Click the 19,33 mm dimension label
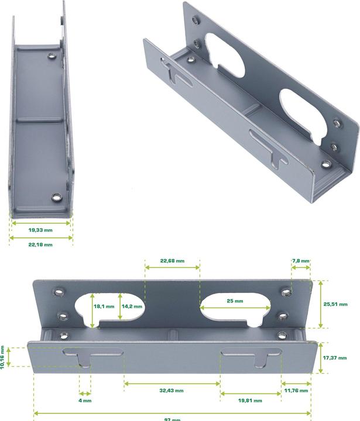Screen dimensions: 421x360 pyautogui.click(x=40, y=230)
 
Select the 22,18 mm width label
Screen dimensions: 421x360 pyautogui.click(x=40, y=244)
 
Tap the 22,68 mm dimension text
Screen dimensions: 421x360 pyautogui.click(x=172, y=260)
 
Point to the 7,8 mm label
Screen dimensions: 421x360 pyautogui.click(x=301, y=260)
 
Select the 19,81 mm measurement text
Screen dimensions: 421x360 pyautogui.click(x=250, y=401)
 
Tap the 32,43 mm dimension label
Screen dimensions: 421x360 pyautogui.click(x=172, y=390)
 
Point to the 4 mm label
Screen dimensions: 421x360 pyautogui.click(x=84, y=401)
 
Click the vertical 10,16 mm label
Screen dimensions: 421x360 pyautogui.click(x=4, y=356)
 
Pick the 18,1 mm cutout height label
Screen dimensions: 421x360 pyautogui.click(x=104, y=306)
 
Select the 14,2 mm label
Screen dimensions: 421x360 pyautogui.click(x=131, y=306)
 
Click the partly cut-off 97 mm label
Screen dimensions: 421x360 pyautogui.click(x=172, y=419)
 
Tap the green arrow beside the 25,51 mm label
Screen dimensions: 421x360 pyautogui.click(x=320, y=304)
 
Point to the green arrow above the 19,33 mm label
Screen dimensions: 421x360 pyautogui.click(x=40, y=223)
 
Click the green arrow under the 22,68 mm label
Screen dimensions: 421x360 pyautogui.click(x=172, y=267)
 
